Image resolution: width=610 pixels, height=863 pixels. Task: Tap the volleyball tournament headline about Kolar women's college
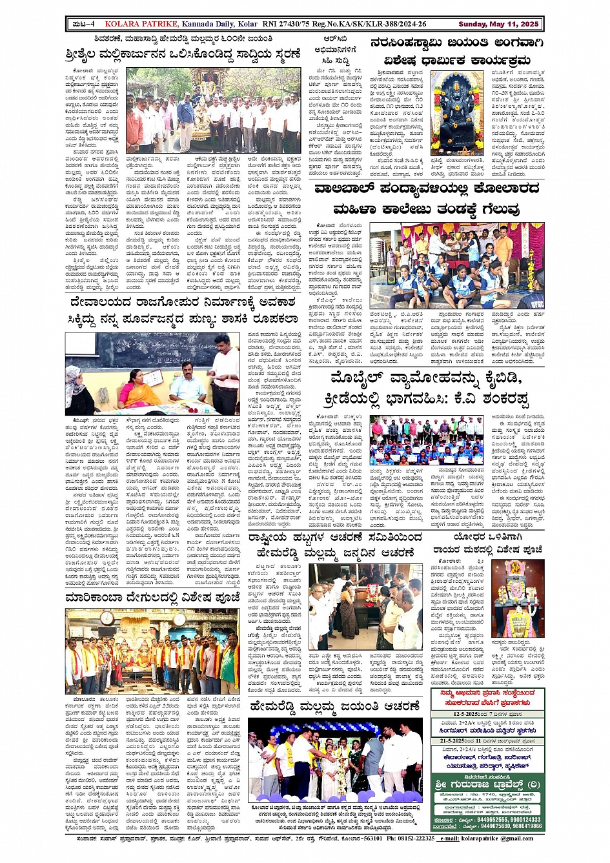(x=426, y=199)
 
